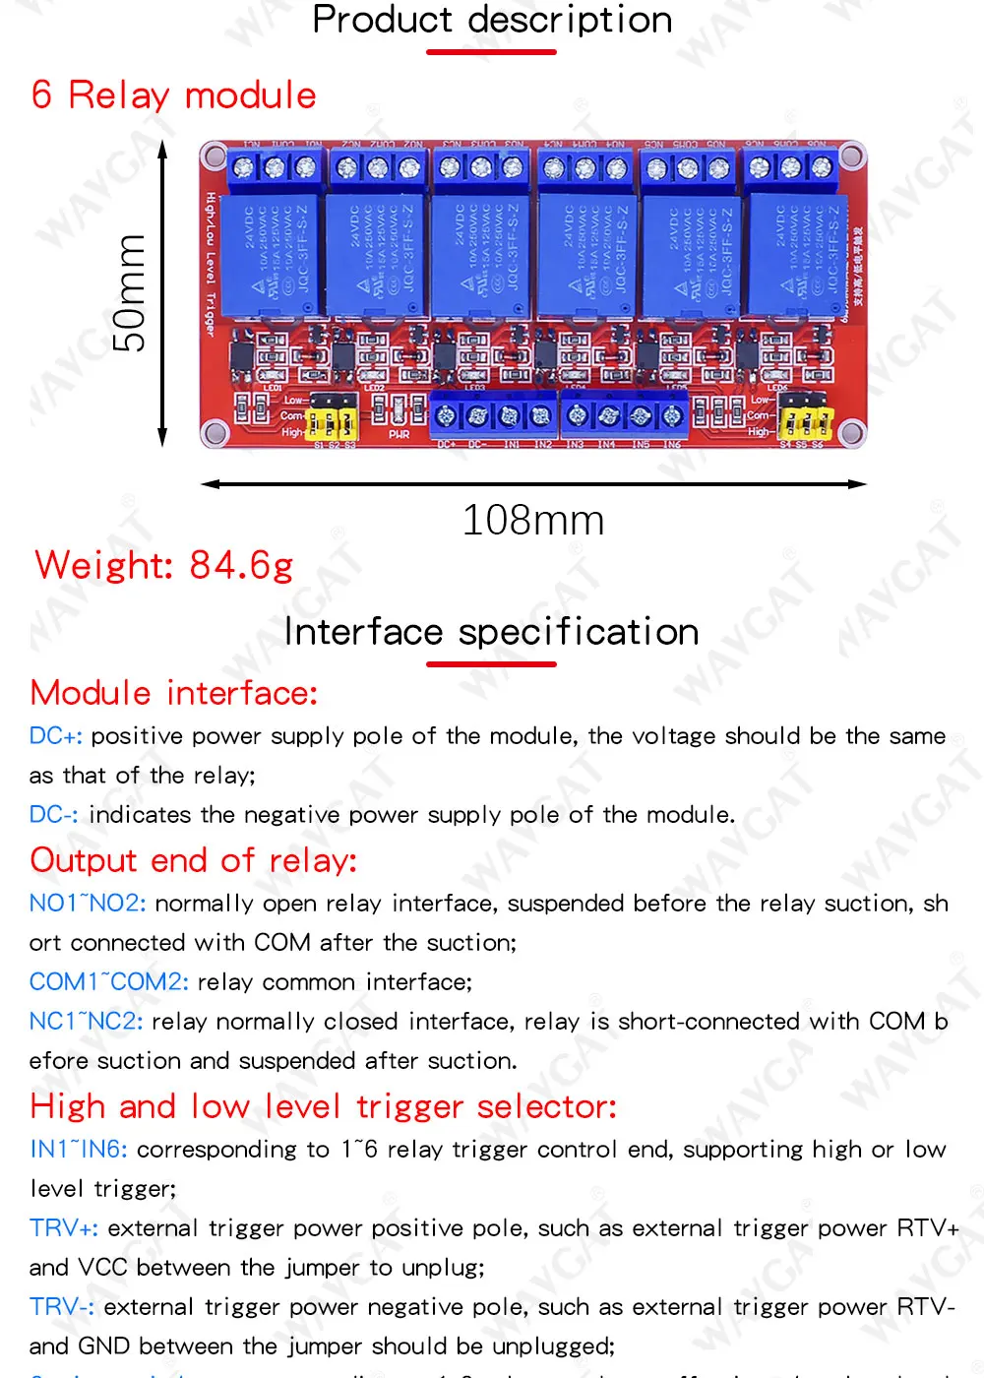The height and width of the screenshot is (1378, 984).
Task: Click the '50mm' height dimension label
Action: click(130, 293)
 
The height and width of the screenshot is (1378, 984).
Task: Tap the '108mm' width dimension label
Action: click(533, 520)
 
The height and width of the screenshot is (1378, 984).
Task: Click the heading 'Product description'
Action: click(492, 20)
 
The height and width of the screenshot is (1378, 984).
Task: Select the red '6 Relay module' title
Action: click(173, 95)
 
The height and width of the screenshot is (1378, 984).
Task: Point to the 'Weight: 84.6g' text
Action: click(164, 565)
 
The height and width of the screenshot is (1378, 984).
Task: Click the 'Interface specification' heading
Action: click(492, 632)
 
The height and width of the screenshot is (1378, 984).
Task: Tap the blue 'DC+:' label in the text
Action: click(56, 736)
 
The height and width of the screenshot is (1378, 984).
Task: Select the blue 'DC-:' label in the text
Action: click(54, 815)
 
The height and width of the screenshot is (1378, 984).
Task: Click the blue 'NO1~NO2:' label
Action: click(88, 904)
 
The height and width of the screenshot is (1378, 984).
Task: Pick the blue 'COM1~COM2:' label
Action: click(109, 982)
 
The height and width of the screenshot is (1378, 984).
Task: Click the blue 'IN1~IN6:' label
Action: click(79, 1150)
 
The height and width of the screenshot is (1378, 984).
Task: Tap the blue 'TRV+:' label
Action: click(64, 1228)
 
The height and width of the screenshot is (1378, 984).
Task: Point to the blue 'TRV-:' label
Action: click(62, 1307)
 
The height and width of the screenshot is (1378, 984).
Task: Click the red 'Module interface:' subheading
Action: click(174, 693)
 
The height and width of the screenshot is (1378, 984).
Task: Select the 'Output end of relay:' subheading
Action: click(194, 860)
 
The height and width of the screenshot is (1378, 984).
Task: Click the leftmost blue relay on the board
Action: click(269, 254)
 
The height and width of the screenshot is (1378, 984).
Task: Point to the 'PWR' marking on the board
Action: click(399, 434)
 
